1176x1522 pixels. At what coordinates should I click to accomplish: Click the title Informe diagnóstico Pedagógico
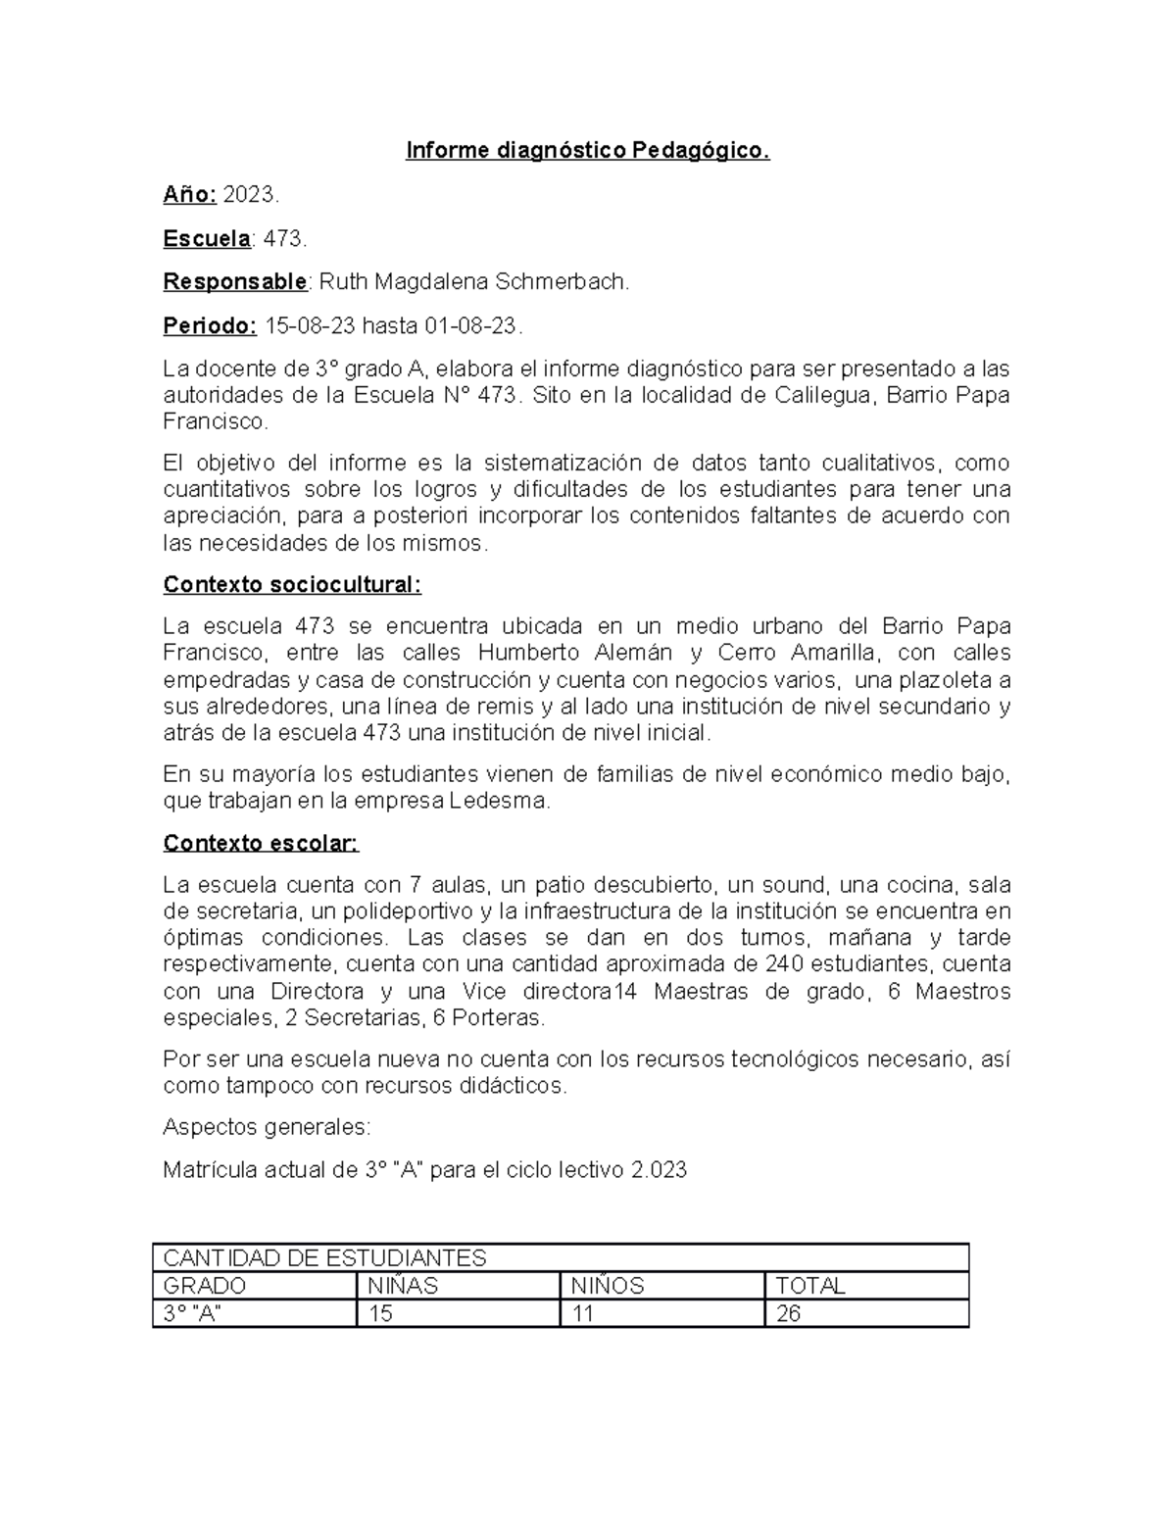pos(588,151)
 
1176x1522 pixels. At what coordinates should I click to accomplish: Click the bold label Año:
pos(189,195)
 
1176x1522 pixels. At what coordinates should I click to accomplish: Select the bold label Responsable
pos(235,282)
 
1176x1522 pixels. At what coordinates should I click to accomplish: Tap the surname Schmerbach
pos(562,282)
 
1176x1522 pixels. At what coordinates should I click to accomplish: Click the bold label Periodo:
pos(210,325)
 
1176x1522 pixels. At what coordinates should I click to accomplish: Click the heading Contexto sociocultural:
pos(292,585)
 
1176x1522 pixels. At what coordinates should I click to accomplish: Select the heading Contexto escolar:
pos(261,844)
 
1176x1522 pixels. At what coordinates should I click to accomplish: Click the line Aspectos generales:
pos(267,1127)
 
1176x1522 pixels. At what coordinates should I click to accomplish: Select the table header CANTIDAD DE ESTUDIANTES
pos(324,1257)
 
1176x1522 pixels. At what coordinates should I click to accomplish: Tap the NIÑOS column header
pos(608,1286)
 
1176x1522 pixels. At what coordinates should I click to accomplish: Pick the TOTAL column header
pos(810,1286)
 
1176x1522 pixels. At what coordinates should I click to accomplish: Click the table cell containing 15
pos(380,1314)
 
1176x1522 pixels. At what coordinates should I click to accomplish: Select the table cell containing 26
pos(789,1314)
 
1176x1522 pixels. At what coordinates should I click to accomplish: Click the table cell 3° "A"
pos(192,1314)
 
